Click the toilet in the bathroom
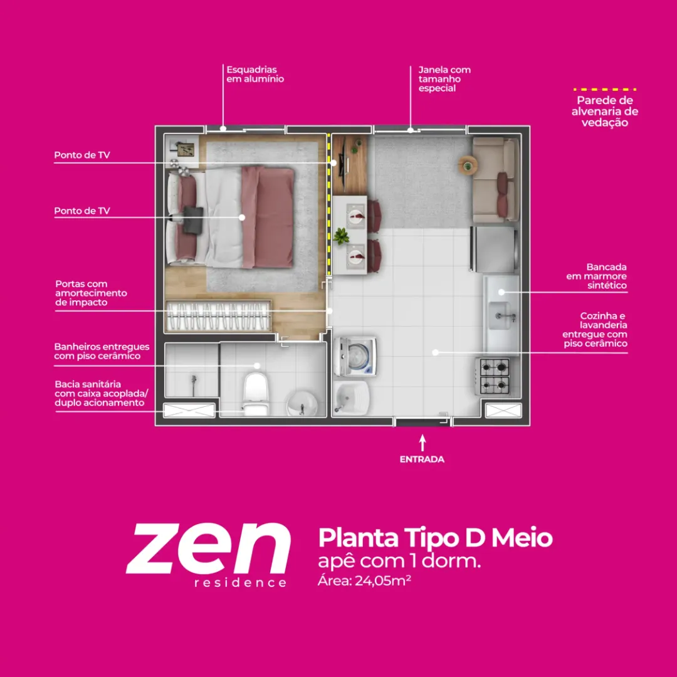click(x=256, y=394)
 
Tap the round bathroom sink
click(x=302, y=404)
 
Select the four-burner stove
click(x=493, y=376)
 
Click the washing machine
click(x=355, y=357)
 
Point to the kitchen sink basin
click(x=499, y=315)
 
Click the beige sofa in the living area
click(x=496, y=179)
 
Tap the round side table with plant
click(x=468, y=165)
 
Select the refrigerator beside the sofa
click(x=494, y=249)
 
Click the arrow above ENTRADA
click(x=422, y=443)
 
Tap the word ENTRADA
click(x=422, y=459)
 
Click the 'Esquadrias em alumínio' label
click(x=255, y=74)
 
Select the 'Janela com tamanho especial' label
click(x=444, y=79)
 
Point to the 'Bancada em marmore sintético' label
click(x=596, y=276)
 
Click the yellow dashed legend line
click(x=604, y=90)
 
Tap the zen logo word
click(x=208, y=548)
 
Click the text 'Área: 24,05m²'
click(x=364, y=580)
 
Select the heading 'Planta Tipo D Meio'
click(x=435, y=538)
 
